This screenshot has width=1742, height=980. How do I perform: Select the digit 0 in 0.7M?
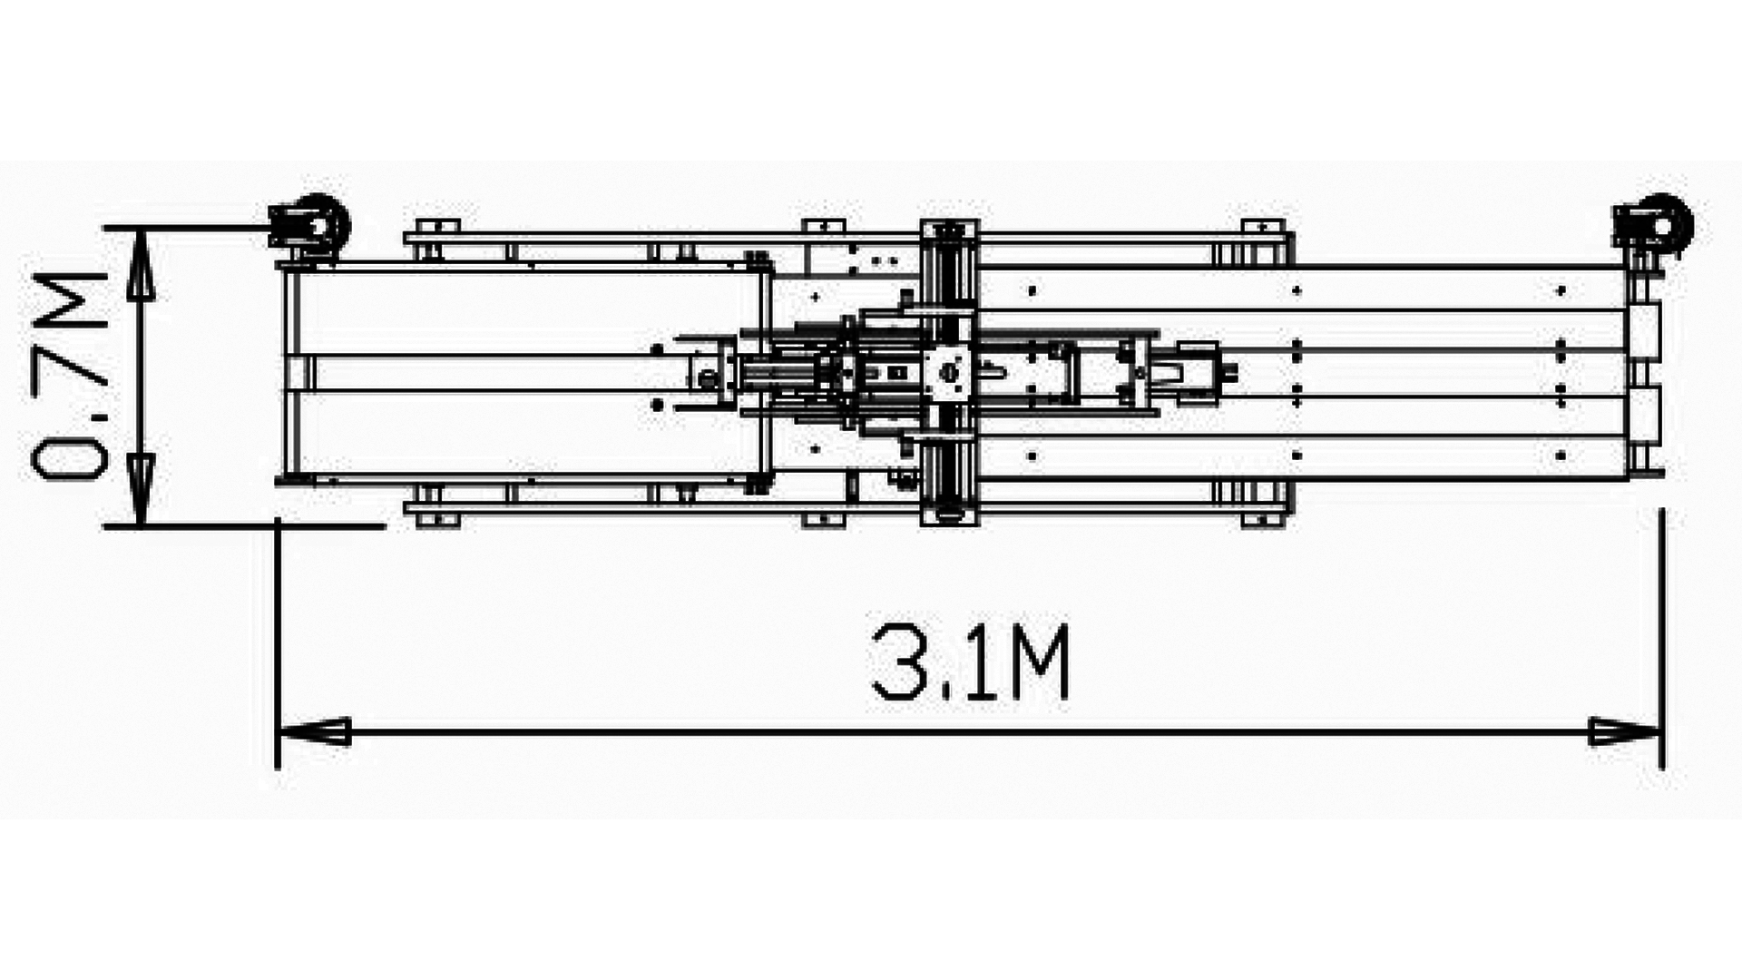(69, 449)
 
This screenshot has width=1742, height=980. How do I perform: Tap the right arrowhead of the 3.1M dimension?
(1624, 731)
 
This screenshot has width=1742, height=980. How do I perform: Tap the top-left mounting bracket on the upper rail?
(436, 226)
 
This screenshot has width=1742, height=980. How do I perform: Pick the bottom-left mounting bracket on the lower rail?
(436, 519)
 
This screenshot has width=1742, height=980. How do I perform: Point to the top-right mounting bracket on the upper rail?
(1261, 226)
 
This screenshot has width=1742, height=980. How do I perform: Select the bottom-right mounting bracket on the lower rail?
(1261, 519)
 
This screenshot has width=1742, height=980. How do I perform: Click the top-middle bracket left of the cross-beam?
(823, 226)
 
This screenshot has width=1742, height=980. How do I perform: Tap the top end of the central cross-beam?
(949, 229)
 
